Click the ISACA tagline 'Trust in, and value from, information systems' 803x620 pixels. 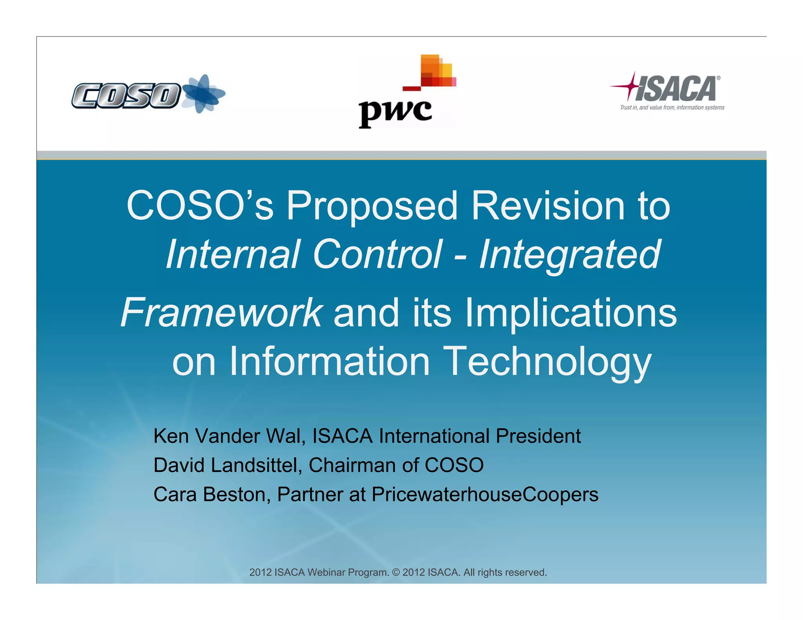point(672,108)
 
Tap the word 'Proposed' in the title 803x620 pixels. point(372,206)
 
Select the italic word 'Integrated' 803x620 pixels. point(570,255)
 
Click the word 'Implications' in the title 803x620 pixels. point(570,313)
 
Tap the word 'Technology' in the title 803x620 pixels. point(548,361)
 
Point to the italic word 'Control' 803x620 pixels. point(377,255)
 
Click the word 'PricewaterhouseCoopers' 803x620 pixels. point(485,495)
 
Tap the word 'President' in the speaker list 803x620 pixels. point(538,436)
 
